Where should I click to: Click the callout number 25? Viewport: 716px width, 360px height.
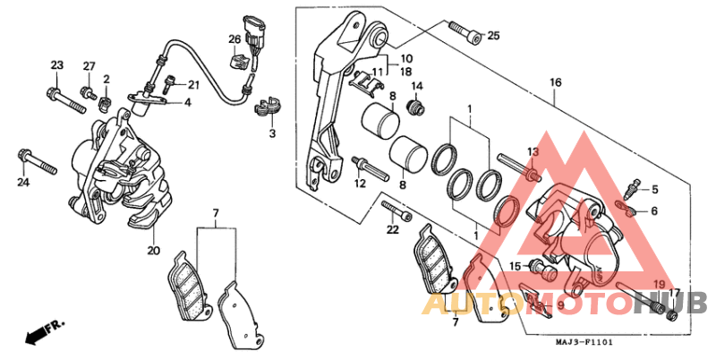pos(494,36)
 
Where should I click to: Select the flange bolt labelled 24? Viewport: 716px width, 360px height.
pos(38,161)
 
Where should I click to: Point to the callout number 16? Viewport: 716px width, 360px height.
pos(555,82)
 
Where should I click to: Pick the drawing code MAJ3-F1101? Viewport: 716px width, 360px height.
pos(584,342)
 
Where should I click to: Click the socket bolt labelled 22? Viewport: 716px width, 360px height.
pos(396,210)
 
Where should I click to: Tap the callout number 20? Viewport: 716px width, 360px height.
pos(154,251)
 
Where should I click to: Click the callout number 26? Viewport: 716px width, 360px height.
pos(234,39)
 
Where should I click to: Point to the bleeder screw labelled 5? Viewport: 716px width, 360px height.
pos(631,190)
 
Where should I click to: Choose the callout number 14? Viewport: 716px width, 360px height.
pos(417,86)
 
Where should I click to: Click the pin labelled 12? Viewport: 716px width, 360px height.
pos(370,167)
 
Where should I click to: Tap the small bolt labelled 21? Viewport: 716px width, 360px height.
pos(169,82)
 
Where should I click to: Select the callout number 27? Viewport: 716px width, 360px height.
pos(89,66)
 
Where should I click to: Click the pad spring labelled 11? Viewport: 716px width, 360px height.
pos(367,83)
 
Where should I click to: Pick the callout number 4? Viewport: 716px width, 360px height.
pos(187,103)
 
